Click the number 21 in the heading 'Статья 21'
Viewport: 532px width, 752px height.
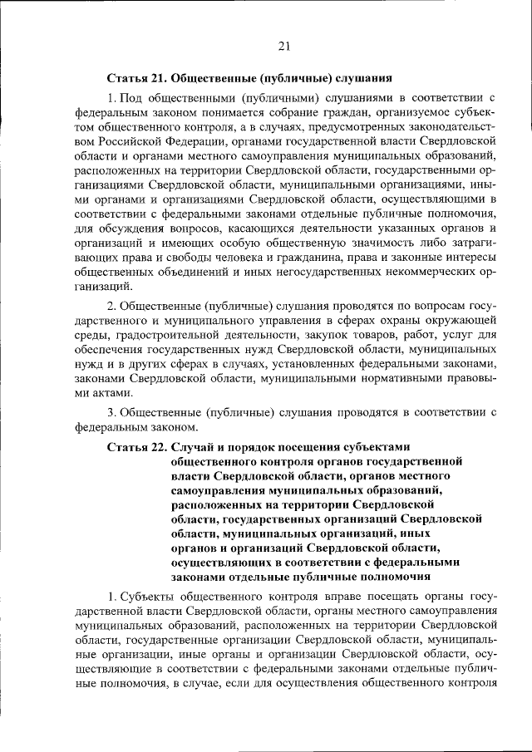click(x=158, y=81)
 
